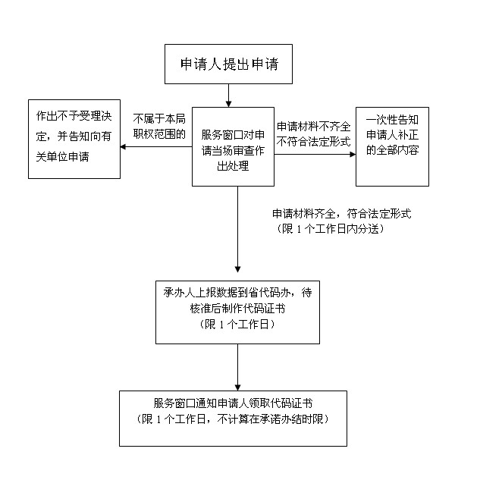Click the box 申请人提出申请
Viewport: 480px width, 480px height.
click(228, 64)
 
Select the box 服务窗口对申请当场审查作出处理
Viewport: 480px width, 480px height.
click(233, 146)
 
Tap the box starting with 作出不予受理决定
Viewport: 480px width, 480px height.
click(74, 139)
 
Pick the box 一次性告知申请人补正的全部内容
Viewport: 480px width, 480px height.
click(392, 146)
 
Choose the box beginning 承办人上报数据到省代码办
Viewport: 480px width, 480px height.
click(237, 312)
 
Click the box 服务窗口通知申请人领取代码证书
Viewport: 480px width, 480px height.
click(233, 419)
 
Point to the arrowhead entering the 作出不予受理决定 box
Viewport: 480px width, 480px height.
click(123, 146)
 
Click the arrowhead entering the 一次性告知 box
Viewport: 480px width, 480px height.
click(353, 154)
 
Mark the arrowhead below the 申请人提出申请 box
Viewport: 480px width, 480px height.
click(228, 104)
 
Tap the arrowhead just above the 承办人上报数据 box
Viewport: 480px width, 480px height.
click(237, 269)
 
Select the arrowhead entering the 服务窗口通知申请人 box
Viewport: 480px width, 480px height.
click(237, 387)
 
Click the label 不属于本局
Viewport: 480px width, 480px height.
click(159, 119)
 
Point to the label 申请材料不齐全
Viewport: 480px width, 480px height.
click(313, 127)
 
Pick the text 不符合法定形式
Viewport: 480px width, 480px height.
click(313, 142)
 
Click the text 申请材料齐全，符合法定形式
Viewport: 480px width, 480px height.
click(342, 214)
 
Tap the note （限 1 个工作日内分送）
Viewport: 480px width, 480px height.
click(330, 229)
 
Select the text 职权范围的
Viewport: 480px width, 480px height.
click(159, 134)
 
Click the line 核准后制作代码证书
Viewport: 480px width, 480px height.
click(237, 309)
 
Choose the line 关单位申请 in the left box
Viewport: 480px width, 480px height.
click(62, 157)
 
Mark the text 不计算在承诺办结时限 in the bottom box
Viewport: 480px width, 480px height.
click(270, 419)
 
